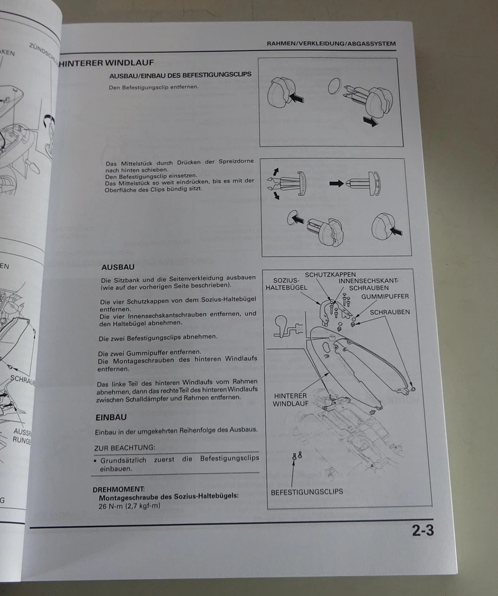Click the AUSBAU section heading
[x=117, y=267]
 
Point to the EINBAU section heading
[x=111, y=417]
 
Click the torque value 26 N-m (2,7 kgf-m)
[x=129, y=506]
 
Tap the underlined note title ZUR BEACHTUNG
[x=124, y=448]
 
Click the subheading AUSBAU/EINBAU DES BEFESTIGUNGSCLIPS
[x=179, y=75]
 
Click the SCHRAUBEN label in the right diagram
[x=389, y=312]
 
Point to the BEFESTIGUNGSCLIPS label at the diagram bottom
[x=307, y=492]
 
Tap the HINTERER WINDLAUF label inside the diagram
[x=290, y=399]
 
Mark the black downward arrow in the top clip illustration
[x=371, y=122]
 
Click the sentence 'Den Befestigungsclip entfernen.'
[x=153, y=87]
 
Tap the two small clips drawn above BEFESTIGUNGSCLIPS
[x=297, y=456]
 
